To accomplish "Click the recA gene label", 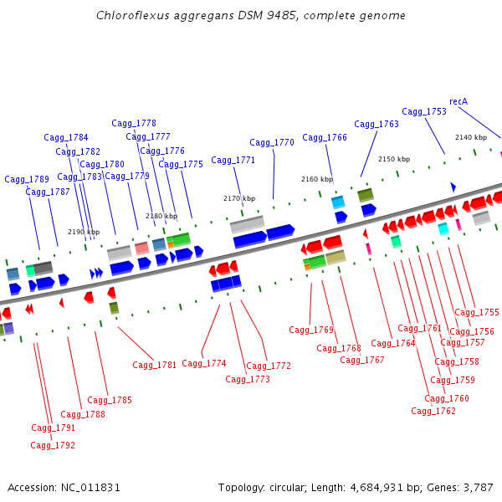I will (458, 101).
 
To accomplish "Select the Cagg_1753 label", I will (424, 111).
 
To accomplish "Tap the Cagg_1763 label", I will (376, 124).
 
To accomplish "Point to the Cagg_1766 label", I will (325, 137).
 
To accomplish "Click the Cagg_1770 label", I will (272, 142).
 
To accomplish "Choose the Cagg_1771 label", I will (233, 160).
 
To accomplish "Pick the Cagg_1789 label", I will (27, 179).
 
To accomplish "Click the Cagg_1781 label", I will (155, 365).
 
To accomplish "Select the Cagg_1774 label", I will (204, 363).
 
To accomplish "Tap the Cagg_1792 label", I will (53, 445).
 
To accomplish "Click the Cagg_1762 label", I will (433, 411).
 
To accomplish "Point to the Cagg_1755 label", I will (477, 312).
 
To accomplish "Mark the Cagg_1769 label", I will (311, 330).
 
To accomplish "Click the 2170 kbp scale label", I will (239, 198).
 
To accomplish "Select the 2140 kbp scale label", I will (471, 137).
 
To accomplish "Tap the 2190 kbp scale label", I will (84, 232).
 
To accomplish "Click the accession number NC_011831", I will (91, 487).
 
